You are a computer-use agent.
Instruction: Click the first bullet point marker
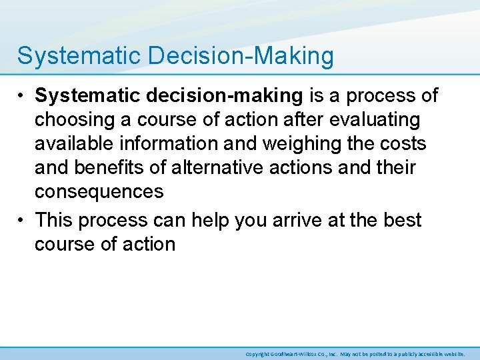(23, 96)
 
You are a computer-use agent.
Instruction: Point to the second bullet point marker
(23, 220)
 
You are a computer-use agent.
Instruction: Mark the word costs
(403, 144)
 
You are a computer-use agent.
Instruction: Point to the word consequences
(99, 192)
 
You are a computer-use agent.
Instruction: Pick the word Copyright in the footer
(257, 354)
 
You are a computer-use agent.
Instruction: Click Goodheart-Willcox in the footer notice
(297, 354)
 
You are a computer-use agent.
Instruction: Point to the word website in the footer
(453, 354)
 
